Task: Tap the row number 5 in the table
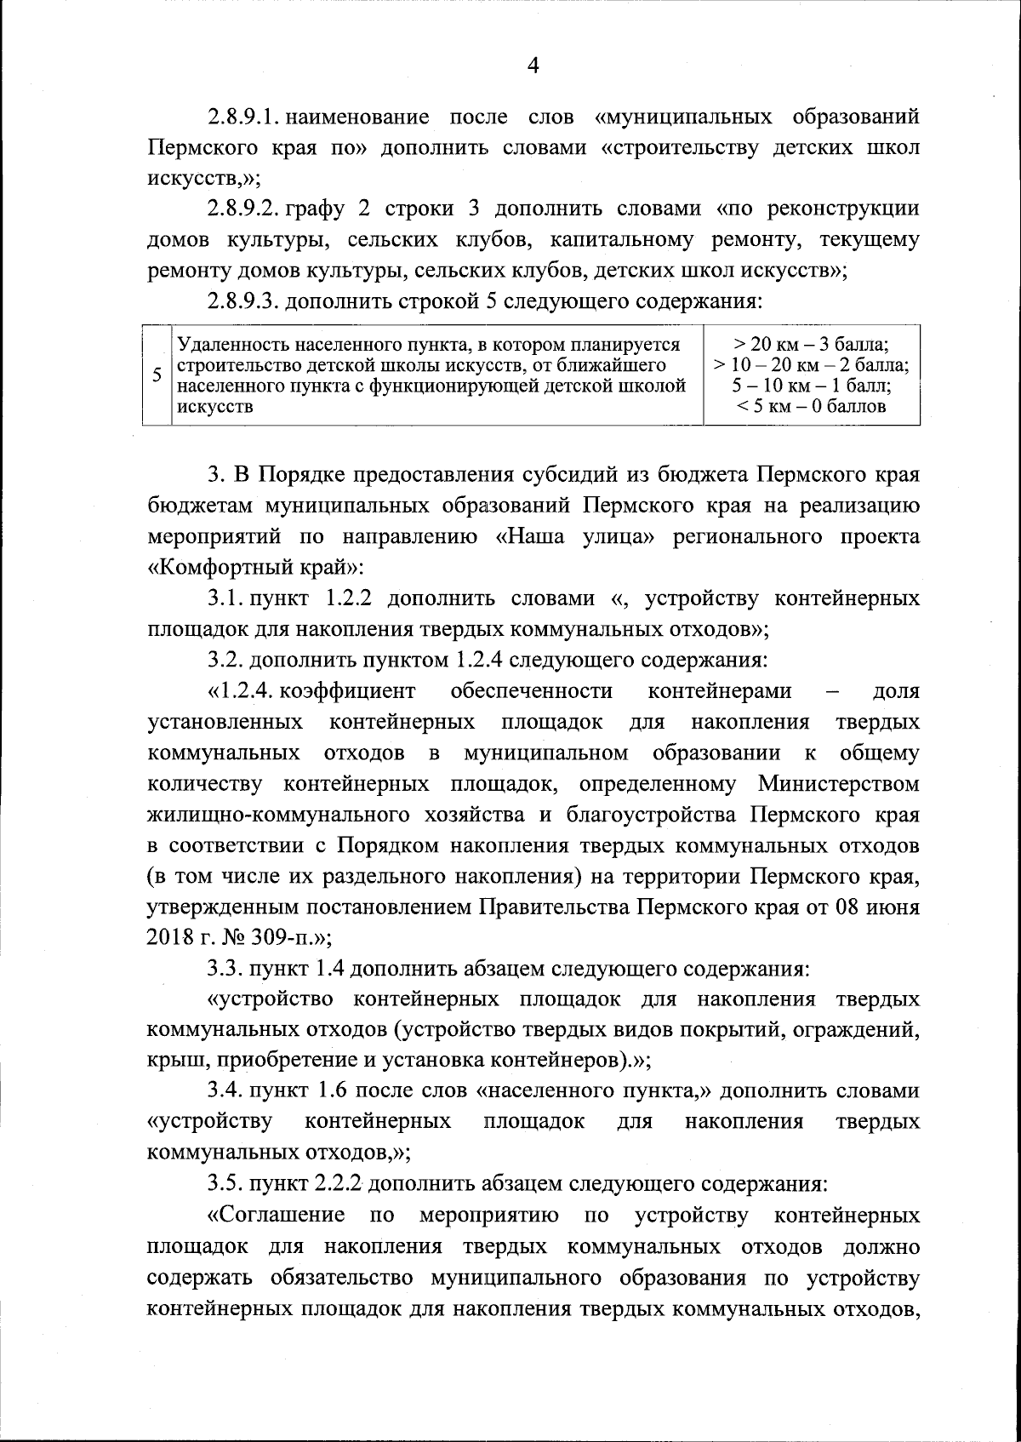(157, 375)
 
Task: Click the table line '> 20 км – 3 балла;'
(811, 346)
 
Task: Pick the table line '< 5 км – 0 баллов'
(811, 407)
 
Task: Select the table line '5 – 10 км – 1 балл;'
(811, 386)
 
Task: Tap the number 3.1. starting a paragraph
(225, 598)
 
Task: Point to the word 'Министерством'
(839, 783)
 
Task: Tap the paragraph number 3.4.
(225, 1091)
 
